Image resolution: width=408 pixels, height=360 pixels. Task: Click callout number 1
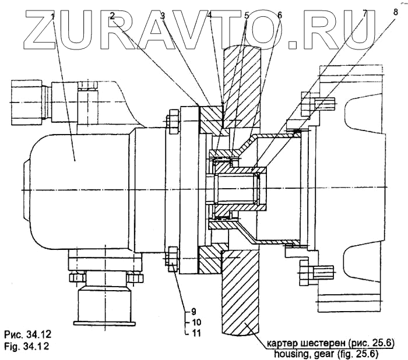point(53,16)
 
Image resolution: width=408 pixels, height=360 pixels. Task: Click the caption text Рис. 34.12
point(28,335)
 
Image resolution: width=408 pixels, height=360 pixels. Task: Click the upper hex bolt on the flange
point(172,121)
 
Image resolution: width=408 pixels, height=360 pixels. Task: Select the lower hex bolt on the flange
point(173,257)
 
